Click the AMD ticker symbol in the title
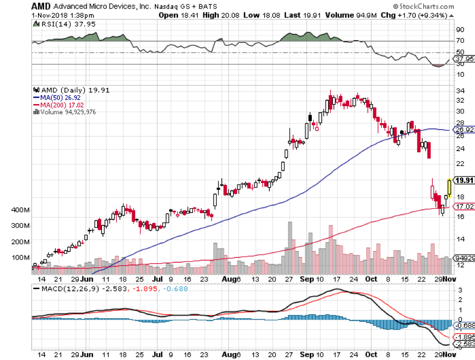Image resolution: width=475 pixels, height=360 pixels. tap(42, 6)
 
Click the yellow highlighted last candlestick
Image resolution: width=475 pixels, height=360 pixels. tap(449, 187)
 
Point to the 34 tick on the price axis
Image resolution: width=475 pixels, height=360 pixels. tap(460, 91)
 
